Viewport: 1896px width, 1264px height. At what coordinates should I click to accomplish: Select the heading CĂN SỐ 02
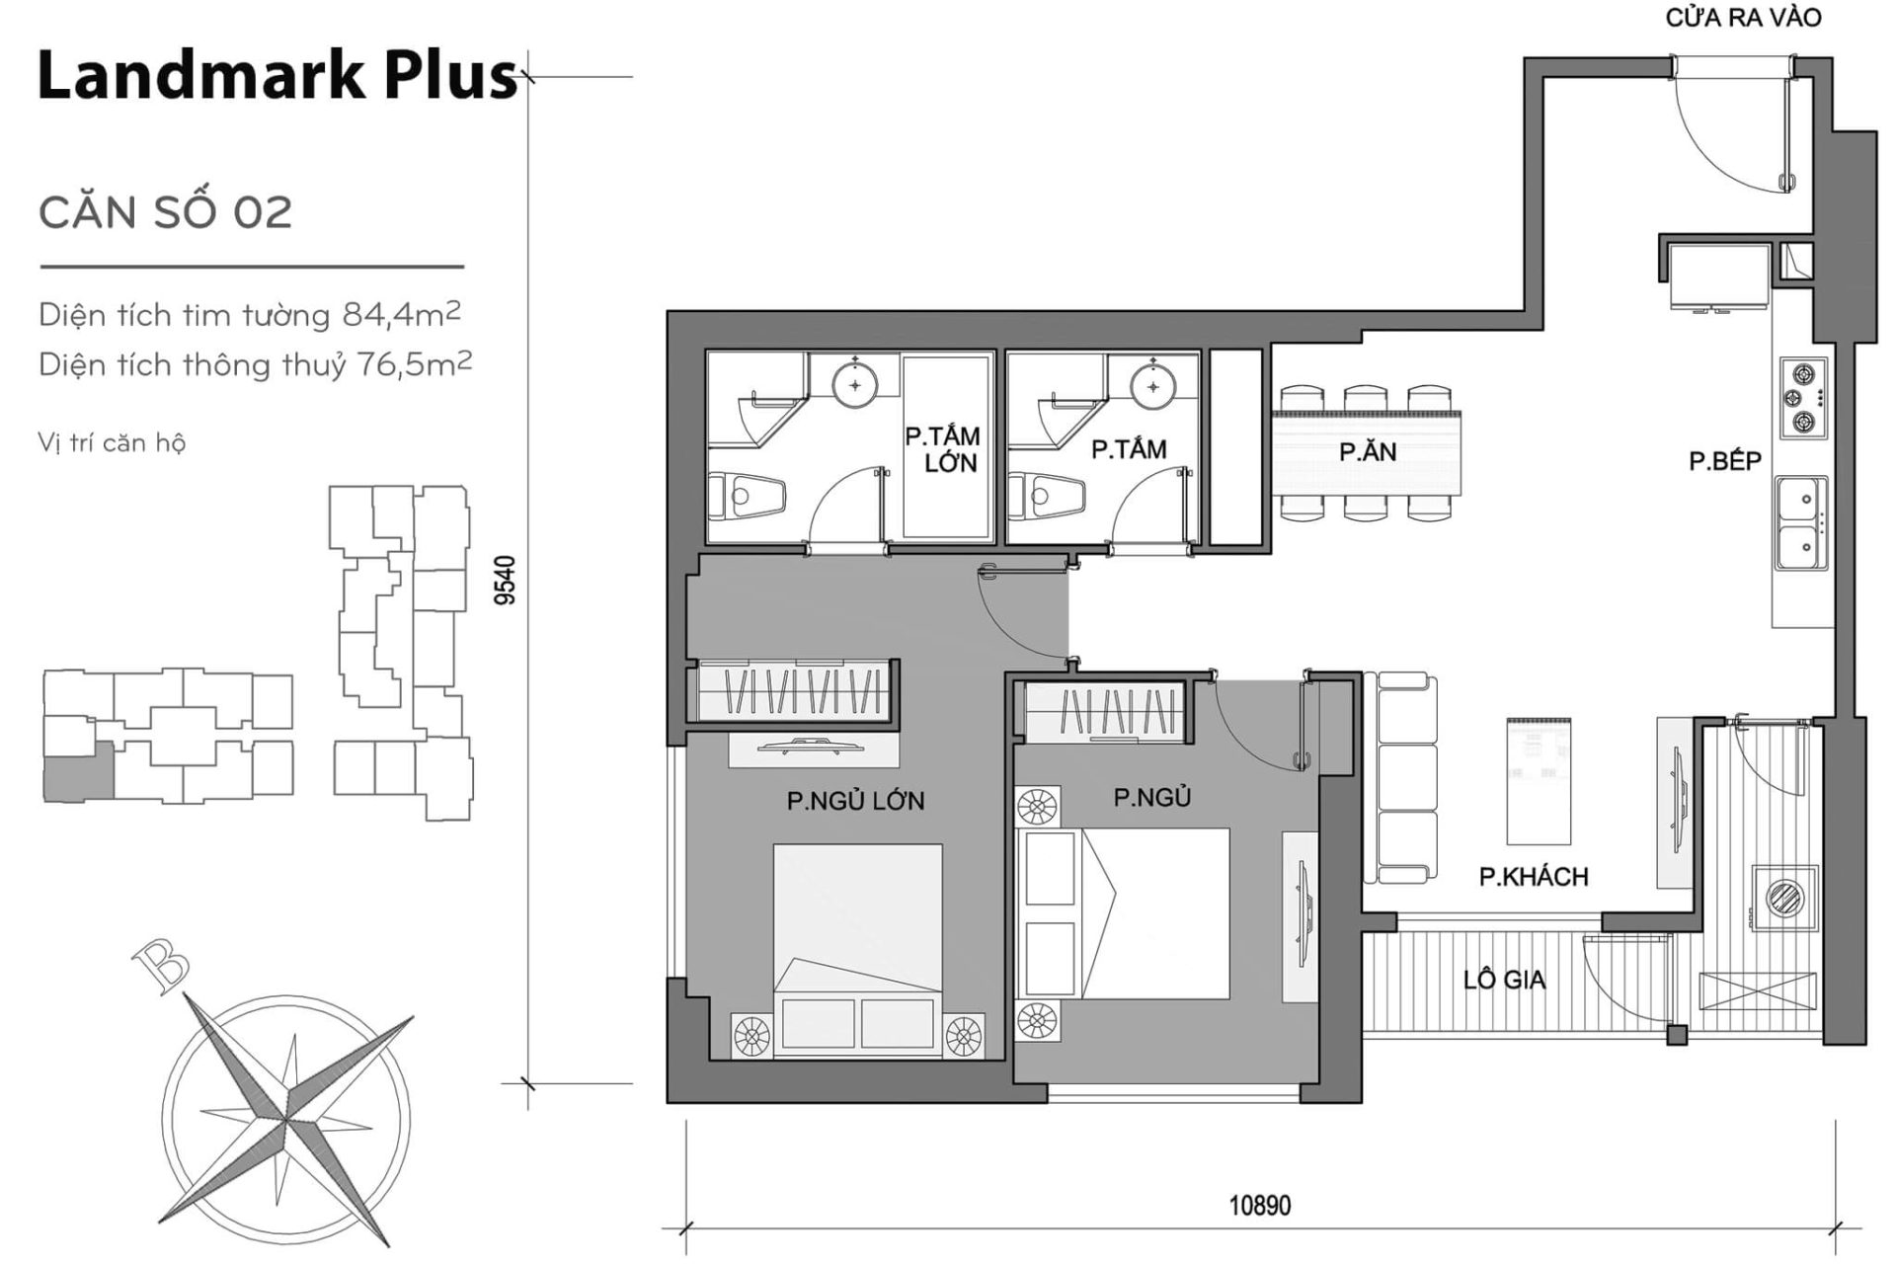pos(165,212)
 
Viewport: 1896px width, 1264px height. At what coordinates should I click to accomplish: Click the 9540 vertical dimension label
pos(505,580)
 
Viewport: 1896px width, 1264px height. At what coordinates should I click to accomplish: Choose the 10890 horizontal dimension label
pos(1259,1205)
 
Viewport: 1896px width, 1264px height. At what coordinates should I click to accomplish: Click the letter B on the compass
pos(159,964)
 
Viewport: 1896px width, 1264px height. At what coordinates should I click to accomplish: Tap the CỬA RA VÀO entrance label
pos(1743,18)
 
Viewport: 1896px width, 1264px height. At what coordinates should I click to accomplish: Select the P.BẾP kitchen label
pos(1725,461)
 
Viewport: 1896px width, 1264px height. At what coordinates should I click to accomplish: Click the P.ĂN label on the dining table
pos(1368,452)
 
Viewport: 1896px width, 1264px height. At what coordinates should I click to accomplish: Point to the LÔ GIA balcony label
pos(1504,980)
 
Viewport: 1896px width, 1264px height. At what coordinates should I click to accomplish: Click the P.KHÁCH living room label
pos(1534,876)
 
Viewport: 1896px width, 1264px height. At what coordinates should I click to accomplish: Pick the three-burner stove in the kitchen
pos(1803,399)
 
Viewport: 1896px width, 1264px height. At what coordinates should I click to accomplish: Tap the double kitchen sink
pos(1802,523)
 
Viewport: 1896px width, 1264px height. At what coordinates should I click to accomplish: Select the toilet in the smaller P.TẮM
pos(1047,491)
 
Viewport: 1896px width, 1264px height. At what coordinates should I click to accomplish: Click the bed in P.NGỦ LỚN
pos(857,948)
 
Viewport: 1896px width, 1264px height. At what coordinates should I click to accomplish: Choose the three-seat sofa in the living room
pos(1403,778)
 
